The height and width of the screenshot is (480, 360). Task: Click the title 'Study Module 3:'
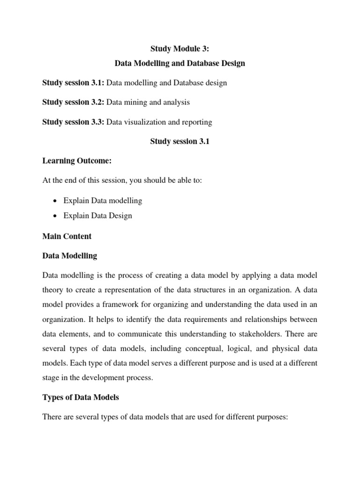[x=180, y=48]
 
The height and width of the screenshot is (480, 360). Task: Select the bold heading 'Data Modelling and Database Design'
[x=180, y=63]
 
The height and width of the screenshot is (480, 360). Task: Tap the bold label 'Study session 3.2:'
[x=74, y=102]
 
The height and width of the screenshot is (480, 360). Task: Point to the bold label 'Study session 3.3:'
[x=74, y=122]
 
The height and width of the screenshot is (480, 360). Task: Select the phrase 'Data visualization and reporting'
[x=159, y=122]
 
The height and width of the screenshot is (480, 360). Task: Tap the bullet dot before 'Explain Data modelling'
[x=56, y=201]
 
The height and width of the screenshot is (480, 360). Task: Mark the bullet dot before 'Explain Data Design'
[x=56, y=216]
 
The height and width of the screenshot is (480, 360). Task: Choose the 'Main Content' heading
[x=67, y=236]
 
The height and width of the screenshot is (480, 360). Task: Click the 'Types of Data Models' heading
[x=81, y=397]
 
